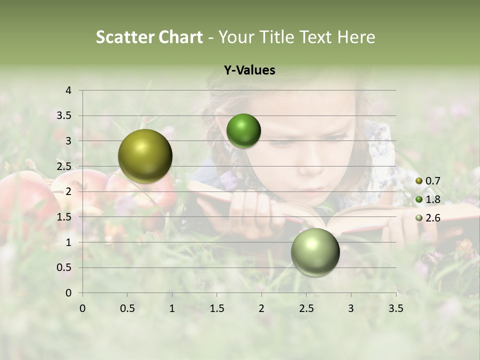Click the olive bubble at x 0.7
point(145,156)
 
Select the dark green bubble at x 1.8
point(243,131)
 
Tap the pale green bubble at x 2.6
point(315,252)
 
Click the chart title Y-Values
point(249,70)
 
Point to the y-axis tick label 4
point(69,90)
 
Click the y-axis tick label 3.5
point(65,115)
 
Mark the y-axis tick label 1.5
point(65,217)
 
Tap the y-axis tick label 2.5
point(65,166)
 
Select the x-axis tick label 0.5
point(127,308)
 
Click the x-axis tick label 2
point(261,308)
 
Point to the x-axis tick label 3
point(351,308)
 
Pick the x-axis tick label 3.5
point(395,308)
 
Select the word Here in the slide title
point(356,37)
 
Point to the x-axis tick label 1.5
point(217,308)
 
